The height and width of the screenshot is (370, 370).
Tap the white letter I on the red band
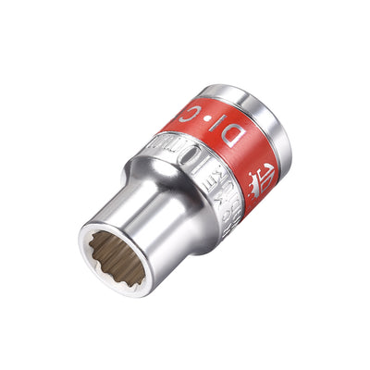pos(213,135)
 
